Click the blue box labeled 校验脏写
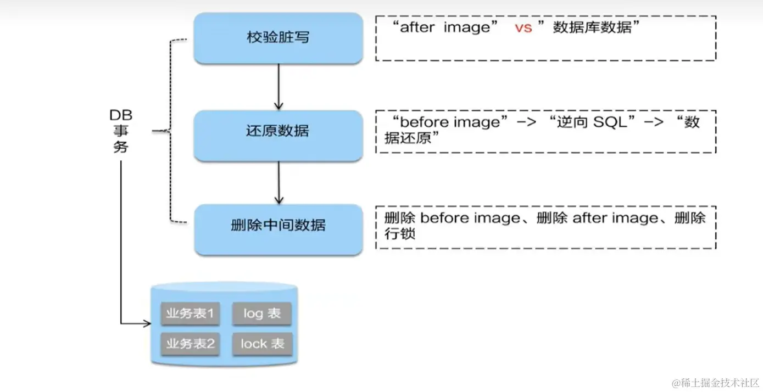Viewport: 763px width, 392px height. [278, 38]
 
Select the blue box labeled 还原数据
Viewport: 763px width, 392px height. [278, 131]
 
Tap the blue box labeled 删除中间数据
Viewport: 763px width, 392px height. [278, 225]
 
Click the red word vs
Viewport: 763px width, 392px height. [523, 28]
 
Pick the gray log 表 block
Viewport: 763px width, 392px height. [262, 313]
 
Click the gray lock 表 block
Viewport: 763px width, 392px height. [262, 344]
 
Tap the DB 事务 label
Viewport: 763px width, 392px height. [121, 131]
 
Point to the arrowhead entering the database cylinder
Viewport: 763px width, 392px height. [147, 323]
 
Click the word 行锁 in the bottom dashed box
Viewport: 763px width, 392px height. [400, 234]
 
